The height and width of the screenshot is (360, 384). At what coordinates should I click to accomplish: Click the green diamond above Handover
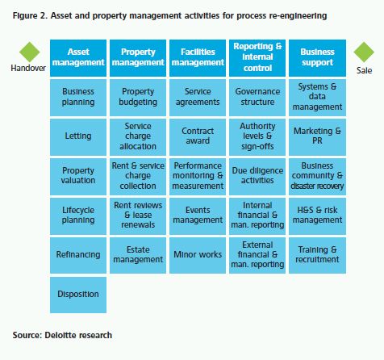click(x=30, y=52)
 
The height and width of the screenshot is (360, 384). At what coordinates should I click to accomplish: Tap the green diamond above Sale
click(x=364, y=52)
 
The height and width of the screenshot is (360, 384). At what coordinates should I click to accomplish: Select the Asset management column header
click(x=78, y=58)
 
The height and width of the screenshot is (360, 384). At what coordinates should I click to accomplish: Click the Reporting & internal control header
click(x=257, y=58)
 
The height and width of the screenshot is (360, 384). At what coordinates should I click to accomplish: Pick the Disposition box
click(x=78, y=295)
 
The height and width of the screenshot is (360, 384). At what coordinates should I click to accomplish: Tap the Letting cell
click(x=78, y=137)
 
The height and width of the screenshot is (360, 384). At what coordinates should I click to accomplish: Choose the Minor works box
click(x=198, y=256)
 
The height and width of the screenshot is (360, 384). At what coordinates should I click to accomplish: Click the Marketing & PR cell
click(x=317, y=137)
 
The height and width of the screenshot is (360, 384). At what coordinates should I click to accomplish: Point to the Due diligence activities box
click(x=257, y=177)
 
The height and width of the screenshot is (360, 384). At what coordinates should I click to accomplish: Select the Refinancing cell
click(x=78, y=256)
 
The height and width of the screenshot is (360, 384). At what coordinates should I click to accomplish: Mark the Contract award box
click(x=198, y=137)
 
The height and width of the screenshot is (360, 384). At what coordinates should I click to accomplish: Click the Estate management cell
click(x=138, y=256)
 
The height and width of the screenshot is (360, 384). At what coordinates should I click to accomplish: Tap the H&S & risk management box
click(x=317, y=216)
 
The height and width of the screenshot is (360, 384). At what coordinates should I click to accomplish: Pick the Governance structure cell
click(x=257, y=98)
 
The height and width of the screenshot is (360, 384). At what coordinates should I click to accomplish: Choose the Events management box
click(x=198, y=216)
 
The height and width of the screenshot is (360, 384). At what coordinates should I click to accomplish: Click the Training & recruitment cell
click(x=317, y=256)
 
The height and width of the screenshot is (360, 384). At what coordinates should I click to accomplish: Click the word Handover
click(x=28, y=68)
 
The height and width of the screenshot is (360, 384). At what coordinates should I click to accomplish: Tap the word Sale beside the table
click(x=365, y=70)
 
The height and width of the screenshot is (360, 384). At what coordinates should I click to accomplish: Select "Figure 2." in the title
click(x=30, y=16)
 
